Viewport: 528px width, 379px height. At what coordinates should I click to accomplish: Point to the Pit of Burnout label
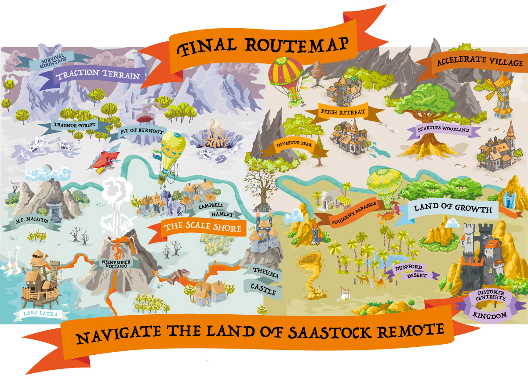[142, 132]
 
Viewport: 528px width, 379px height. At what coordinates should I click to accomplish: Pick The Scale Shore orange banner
[202, 228]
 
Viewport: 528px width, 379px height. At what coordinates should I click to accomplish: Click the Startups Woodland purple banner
[443, 129]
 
